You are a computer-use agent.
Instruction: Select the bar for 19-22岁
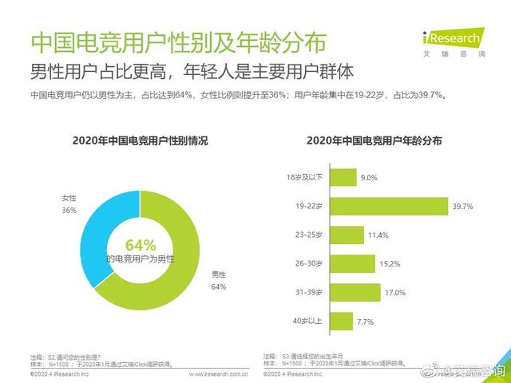tap(389, 206)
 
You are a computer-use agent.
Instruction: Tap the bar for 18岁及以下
tap(343, 177)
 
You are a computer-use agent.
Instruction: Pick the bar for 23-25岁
tap(347, 235)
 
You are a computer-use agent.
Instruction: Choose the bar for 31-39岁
tap(356, 292)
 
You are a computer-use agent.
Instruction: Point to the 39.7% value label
tap(463, 206)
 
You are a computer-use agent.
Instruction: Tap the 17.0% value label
tap(395, 292)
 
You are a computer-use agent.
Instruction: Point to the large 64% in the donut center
tap(141, 245)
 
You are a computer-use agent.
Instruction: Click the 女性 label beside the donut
tap(69, 197)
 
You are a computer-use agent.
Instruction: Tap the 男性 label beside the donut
tap(218, 273)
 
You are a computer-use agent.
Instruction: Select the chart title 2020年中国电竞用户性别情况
tap(140, 140)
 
